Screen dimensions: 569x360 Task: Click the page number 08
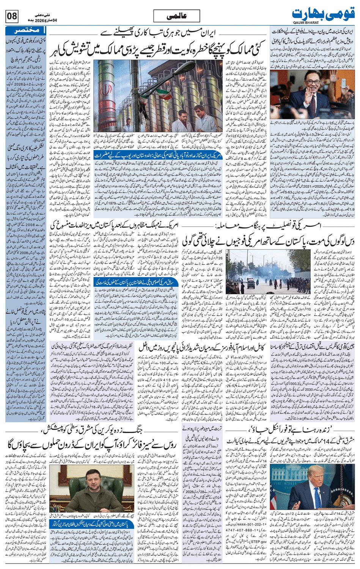[x=11, y=17]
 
